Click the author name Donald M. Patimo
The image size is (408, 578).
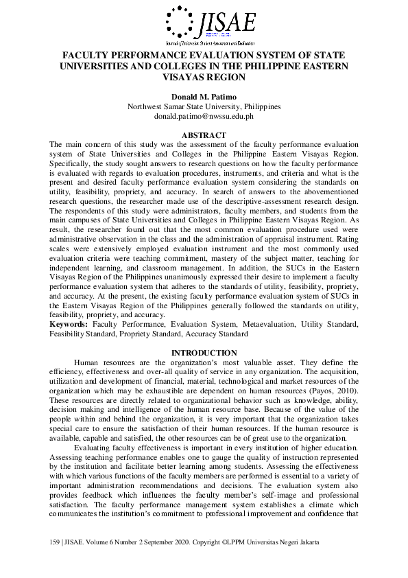pyautogui.click(x=204, y=97)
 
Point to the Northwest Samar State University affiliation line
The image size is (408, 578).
pyautogui.click(x=204, y=107)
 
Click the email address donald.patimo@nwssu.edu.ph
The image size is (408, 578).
pyautogui.click(x=204, y=117)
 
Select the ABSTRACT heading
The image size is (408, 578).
pyautogui.click(x=204, y=135)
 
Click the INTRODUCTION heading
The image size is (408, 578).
pyautogui.click(x=204, y=353)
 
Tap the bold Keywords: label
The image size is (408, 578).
pyautogui.click(x=68, y=323)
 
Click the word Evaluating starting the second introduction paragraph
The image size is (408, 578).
pyautogui.click(x=95, y=446)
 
